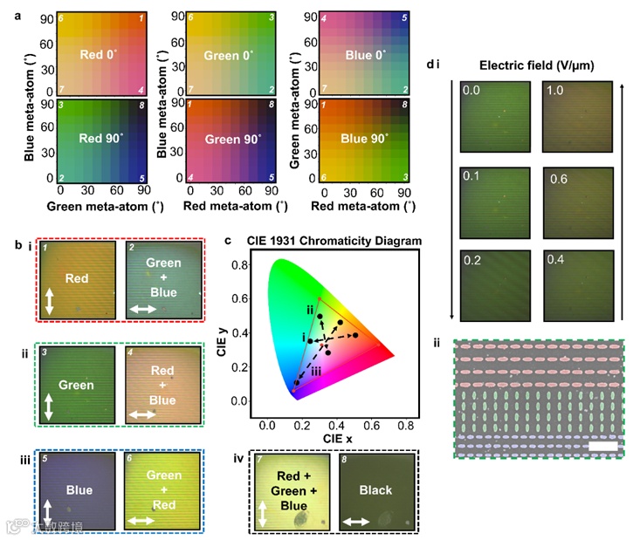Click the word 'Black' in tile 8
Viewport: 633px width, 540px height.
[377, 490]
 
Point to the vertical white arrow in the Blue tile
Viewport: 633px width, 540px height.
[50, 515]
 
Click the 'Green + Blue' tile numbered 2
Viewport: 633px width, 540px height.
[162, 282]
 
